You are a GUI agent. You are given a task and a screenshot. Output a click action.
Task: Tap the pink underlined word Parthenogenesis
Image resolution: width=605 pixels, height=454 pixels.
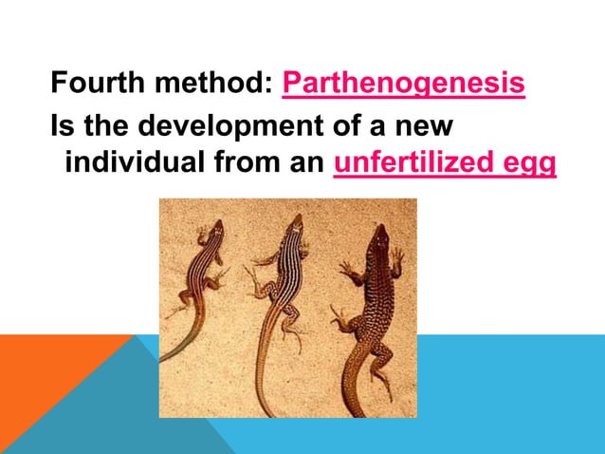(404, 86)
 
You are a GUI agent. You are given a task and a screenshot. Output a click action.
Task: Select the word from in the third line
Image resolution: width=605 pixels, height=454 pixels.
(241, 164)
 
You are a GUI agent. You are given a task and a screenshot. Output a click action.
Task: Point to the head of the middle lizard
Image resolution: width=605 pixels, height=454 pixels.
(297, 223)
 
